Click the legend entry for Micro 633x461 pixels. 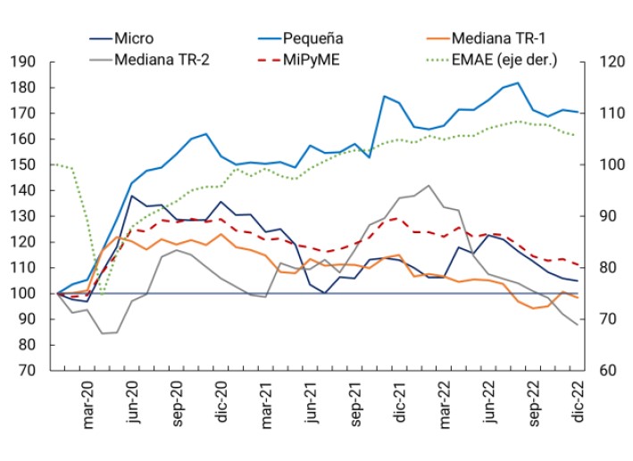click(x=133, y=38)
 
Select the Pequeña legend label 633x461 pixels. click(x=313, y=38)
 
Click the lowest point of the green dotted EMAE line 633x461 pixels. click(x=101, y=295)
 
